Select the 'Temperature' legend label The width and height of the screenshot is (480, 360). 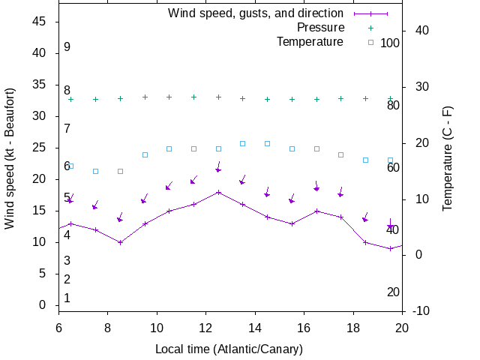click(310, 42)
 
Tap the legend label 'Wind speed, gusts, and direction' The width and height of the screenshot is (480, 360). click(255, 13)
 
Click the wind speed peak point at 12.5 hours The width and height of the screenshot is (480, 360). click(218, 192)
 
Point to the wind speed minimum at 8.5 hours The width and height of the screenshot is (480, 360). click(120, 242)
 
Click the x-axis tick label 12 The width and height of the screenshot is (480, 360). click(206, 328)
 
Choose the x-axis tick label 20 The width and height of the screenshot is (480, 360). click(402, 328)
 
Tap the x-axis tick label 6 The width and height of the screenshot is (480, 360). click(58, 328)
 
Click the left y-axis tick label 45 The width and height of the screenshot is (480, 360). click(40, 22)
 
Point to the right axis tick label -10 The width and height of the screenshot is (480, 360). click(421, 310)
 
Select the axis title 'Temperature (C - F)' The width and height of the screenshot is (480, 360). click(448, 157)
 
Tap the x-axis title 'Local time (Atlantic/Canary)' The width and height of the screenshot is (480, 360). click(229, 349)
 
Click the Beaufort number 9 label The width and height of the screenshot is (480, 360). click(67, 47)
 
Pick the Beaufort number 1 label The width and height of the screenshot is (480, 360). click(67, 298)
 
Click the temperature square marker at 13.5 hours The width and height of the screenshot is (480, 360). click(243, 143)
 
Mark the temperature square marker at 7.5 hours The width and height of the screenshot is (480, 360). click(95, 171)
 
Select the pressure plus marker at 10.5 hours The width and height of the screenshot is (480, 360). click(169, 97)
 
